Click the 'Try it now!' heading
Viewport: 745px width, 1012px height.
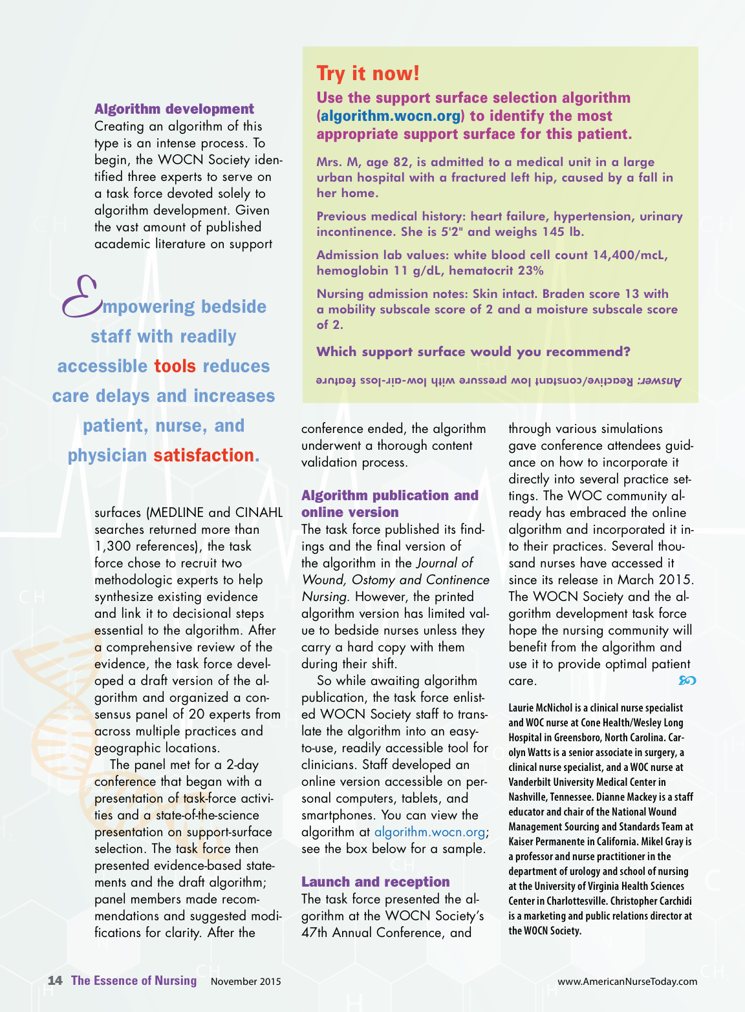(368, 74)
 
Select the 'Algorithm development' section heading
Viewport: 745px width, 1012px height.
(174, 109)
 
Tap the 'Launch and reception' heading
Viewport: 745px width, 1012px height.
(375, 882)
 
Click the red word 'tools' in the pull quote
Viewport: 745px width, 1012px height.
(175, 366)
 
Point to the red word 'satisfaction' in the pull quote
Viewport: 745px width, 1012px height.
(204, 456)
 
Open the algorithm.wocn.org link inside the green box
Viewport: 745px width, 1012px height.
(391, 116)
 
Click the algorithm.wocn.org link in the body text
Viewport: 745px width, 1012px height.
(429, 832)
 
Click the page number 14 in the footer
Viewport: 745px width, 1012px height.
(55, 980)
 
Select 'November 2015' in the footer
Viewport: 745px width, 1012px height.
(246, 982)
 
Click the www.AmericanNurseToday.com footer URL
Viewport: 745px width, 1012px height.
(627, 982)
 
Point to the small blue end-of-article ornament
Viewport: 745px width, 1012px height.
(687, 680)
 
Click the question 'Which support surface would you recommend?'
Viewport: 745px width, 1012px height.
(473, 352)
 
